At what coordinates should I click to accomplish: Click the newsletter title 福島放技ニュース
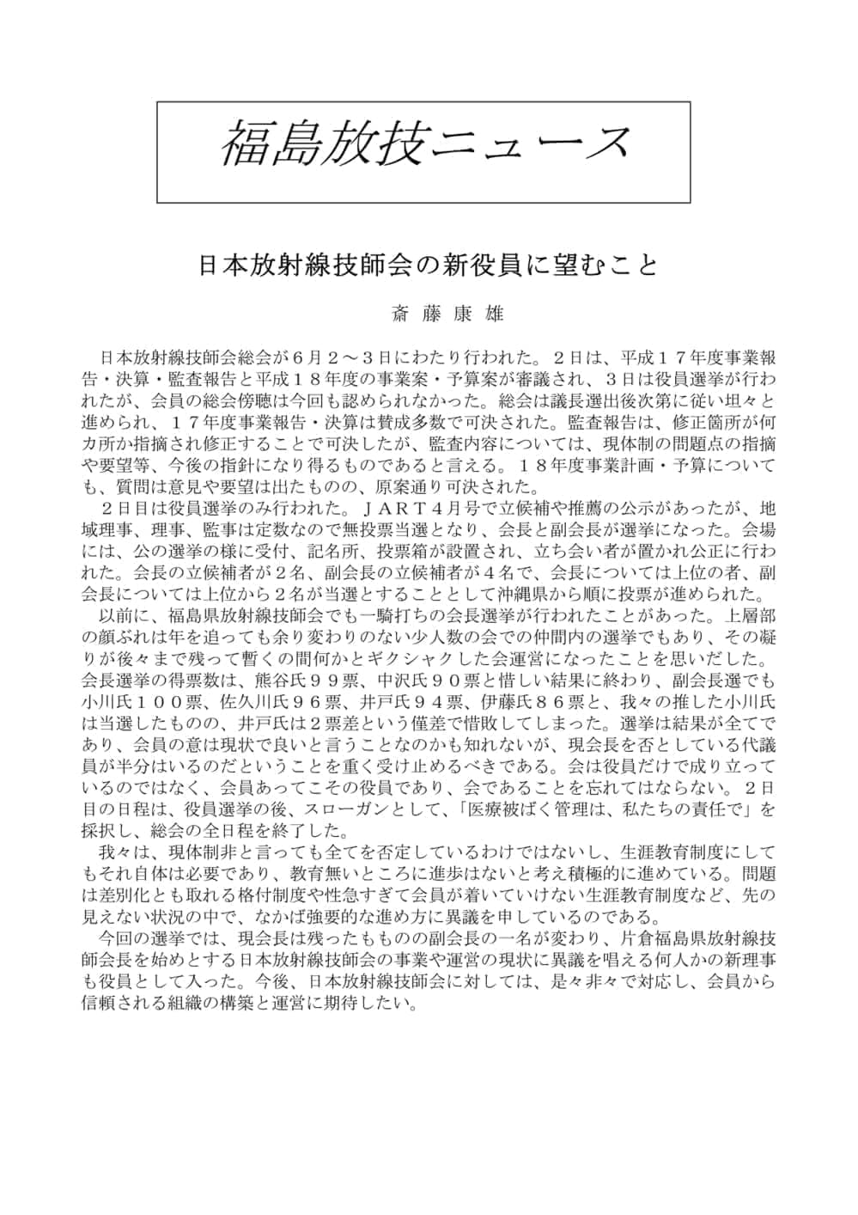point(424,143)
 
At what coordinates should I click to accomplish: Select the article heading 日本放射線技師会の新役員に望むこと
point(428,265)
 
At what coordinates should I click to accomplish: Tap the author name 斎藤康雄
point(447,314)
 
